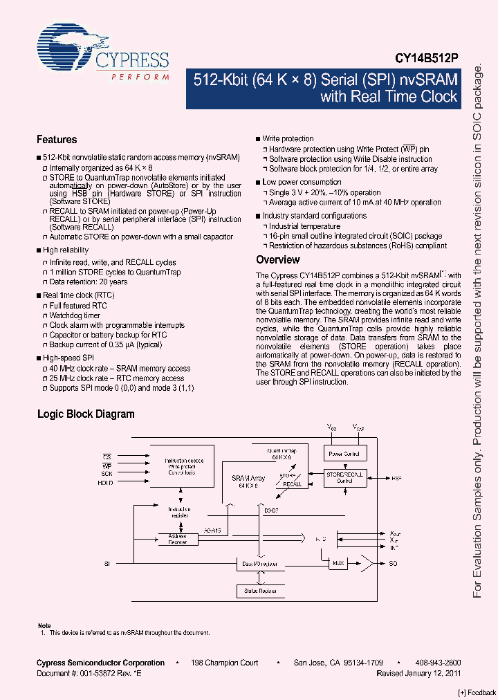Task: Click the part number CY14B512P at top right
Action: click(427, 60)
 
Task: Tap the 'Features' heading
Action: click(57, 140)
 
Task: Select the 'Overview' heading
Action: click(278, 260)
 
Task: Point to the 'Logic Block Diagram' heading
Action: click(85, 414)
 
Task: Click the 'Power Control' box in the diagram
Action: click(344, 454)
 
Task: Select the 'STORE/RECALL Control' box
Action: click(345, 477)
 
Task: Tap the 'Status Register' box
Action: click(260, 591)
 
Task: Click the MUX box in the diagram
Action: click(338, 564)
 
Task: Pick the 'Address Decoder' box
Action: click(178, 539)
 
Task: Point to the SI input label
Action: click(107, 564)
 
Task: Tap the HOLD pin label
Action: click(106, 482)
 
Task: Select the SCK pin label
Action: click(107, 474)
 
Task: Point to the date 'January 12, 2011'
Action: click(433, 673)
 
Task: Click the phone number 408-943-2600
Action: click(438, 663)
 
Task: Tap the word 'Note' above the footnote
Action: click(44, 625)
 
